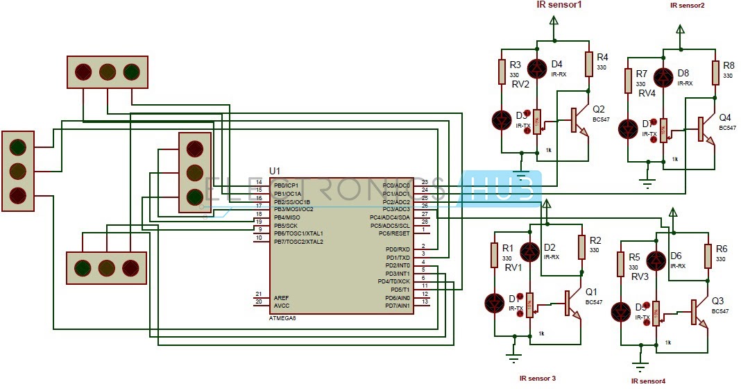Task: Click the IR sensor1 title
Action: coord(559,5)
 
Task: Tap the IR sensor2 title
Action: coord(687,5)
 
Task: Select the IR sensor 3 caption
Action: coord(538,378)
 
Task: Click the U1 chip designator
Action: coord(275,170)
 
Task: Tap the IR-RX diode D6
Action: coord(657,261)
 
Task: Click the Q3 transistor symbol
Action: coord(696,312)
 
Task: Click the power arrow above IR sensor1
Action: coord(554,23)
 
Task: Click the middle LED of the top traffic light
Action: coord(107,72)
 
